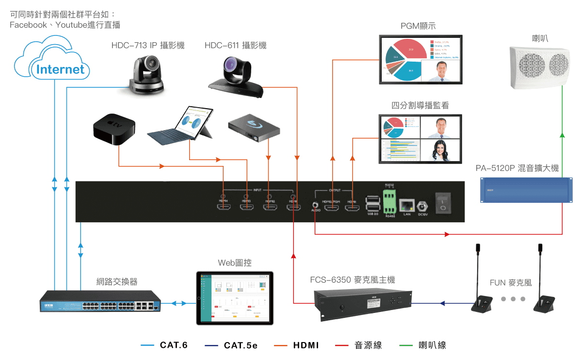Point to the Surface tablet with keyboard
185,128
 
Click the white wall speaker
539,67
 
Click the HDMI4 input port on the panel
224,207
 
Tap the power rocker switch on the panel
443,203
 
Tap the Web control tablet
235,298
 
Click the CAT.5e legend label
241,345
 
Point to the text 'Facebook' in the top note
28,25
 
